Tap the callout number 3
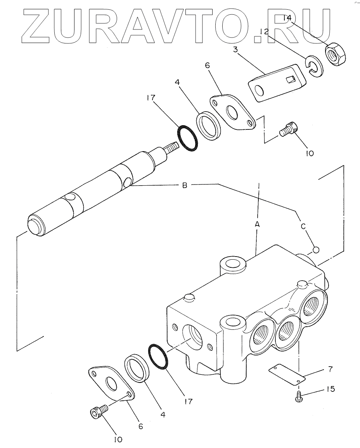click(x=235, y=50)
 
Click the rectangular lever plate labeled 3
click(x=277, y=83)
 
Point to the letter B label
click(x=185, y=185)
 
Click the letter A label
click(x=257, y=224)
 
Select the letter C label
click(x=303, y=226)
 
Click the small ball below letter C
click(x=316, y=250)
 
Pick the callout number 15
click(x=331, y=389)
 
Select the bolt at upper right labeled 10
click(x=288, y=130)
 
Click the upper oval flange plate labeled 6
click(x=233, y=112)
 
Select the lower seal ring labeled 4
click(x=137, y=368)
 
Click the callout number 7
click(x=331, y=369)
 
